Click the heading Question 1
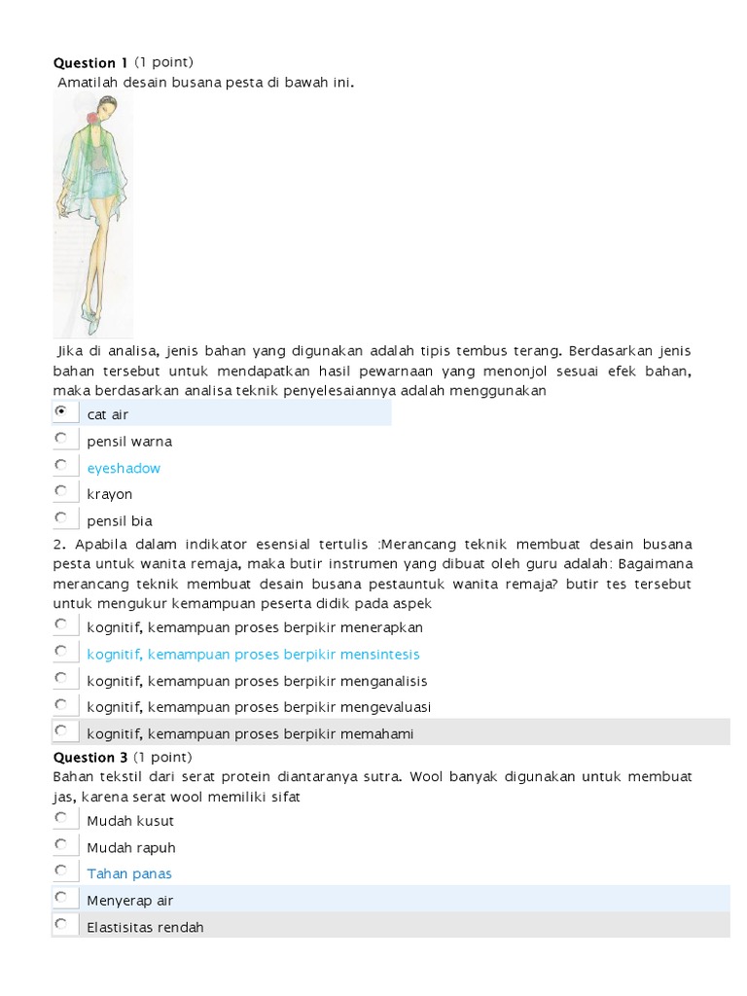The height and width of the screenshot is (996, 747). point(90,63)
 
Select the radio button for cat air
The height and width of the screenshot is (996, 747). point(61,412)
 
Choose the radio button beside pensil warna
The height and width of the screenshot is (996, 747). point(61,439)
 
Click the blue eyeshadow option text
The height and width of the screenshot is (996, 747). point(124,468)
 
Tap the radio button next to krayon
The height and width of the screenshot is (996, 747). point(61,491)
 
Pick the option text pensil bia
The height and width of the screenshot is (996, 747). point(120,520)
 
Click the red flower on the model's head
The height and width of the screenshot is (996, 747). point(93,119)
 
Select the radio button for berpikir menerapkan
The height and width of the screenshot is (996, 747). point(61,624)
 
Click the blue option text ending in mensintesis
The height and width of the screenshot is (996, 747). point(253,655)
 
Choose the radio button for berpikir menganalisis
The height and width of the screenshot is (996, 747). point(61,678)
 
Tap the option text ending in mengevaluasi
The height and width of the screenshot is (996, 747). point(259,707)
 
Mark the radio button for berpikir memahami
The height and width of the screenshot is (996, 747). point(61,730)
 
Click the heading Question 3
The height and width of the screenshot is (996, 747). point(90,757)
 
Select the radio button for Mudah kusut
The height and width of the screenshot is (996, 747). point(61,818)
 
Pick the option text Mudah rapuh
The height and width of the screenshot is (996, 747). point(131,847)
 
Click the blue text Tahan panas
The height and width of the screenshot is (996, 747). point(129,873)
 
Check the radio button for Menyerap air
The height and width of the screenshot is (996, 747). point(61,897)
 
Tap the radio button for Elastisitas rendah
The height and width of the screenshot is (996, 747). point(61,924)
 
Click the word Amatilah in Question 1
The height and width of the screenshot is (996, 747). point(89,83)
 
